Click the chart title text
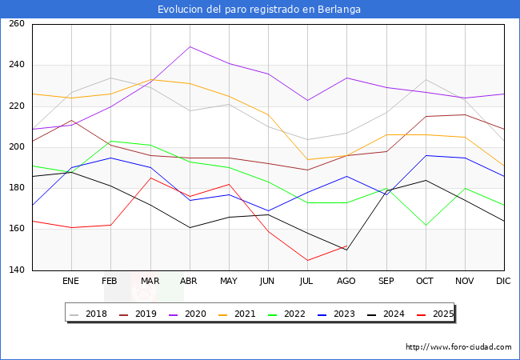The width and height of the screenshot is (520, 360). pos(259,10)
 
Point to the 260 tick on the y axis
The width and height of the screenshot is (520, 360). pos(16,24)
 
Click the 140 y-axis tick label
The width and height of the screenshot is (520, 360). pos(16,270)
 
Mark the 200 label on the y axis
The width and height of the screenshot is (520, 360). pos(16,147)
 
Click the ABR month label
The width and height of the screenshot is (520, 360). pos(190,282)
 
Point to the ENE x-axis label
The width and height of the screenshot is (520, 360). pos(71,282)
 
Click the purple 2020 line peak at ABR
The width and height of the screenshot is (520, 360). pos(190,46)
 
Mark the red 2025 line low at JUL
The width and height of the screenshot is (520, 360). pos(307,260)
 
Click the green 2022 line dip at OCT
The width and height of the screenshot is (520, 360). pos(426,225)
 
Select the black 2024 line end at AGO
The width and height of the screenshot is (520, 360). pos(346,250)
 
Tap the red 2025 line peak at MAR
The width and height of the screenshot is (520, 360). pos(150,178)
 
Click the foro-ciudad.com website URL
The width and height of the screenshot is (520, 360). pos(458,347)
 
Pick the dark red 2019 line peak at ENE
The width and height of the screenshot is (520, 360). pos(71,120)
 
